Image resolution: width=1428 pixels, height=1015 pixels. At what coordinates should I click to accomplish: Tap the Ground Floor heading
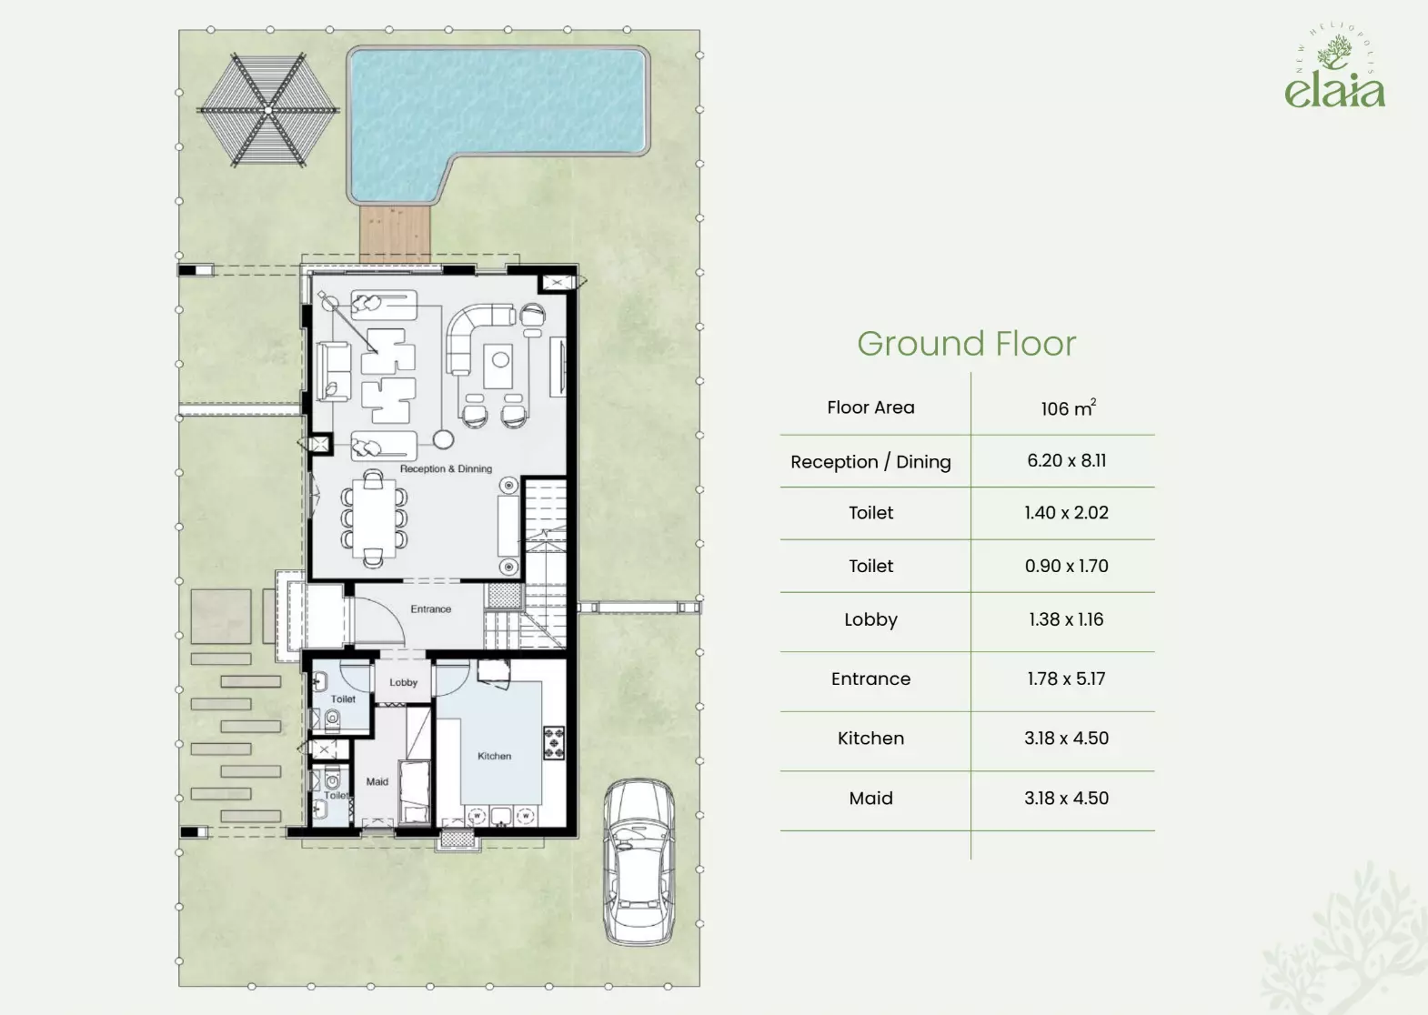pyautogui.click(x=967, y=344)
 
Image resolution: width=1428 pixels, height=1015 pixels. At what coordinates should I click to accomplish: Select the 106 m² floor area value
pyautogui.click(x=1068, y=407)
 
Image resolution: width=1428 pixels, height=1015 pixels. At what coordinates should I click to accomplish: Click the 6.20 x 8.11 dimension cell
pyautogui.click(x=1067, y=460)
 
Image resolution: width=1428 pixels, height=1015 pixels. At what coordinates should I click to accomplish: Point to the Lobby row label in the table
pyautogui.click(x=870, y=619)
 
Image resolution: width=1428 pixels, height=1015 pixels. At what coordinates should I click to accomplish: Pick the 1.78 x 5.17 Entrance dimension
pyautogui.click(x=1066, y=678)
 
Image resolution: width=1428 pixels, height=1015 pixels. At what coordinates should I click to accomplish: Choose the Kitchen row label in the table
pyautogui.click(x=870, y=738)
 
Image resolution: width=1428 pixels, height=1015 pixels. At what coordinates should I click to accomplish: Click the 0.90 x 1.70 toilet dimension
pyautogui.click(x=1067, y=566)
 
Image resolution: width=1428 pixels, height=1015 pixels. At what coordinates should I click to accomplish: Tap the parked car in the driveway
pyautogui.click(x=639, y=861)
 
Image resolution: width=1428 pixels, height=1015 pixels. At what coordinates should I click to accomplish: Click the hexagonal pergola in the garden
pyautogui.click(x=267, y=110)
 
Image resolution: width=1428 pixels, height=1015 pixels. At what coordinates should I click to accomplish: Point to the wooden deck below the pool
pyautogui.click(x=396, y=234)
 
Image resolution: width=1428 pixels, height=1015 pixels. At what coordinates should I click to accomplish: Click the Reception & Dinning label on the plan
pyautogui.click(x=447, y=468)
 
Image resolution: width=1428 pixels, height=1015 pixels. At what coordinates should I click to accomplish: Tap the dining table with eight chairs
pyautogui.click(x=374, y=518)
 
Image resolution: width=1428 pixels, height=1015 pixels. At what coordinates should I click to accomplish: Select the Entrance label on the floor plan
pyautogui.click(x=431, y=608)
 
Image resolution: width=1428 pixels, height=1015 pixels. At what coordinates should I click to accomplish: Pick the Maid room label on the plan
pyautogui.click(x=377, y=781)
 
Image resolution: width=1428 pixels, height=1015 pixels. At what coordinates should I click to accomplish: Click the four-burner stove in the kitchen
pyautogui.click(x=553, y=743)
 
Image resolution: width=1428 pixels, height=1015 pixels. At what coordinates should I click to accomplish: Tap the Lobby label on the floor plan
pyautogui.click(x=404, y=682)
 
